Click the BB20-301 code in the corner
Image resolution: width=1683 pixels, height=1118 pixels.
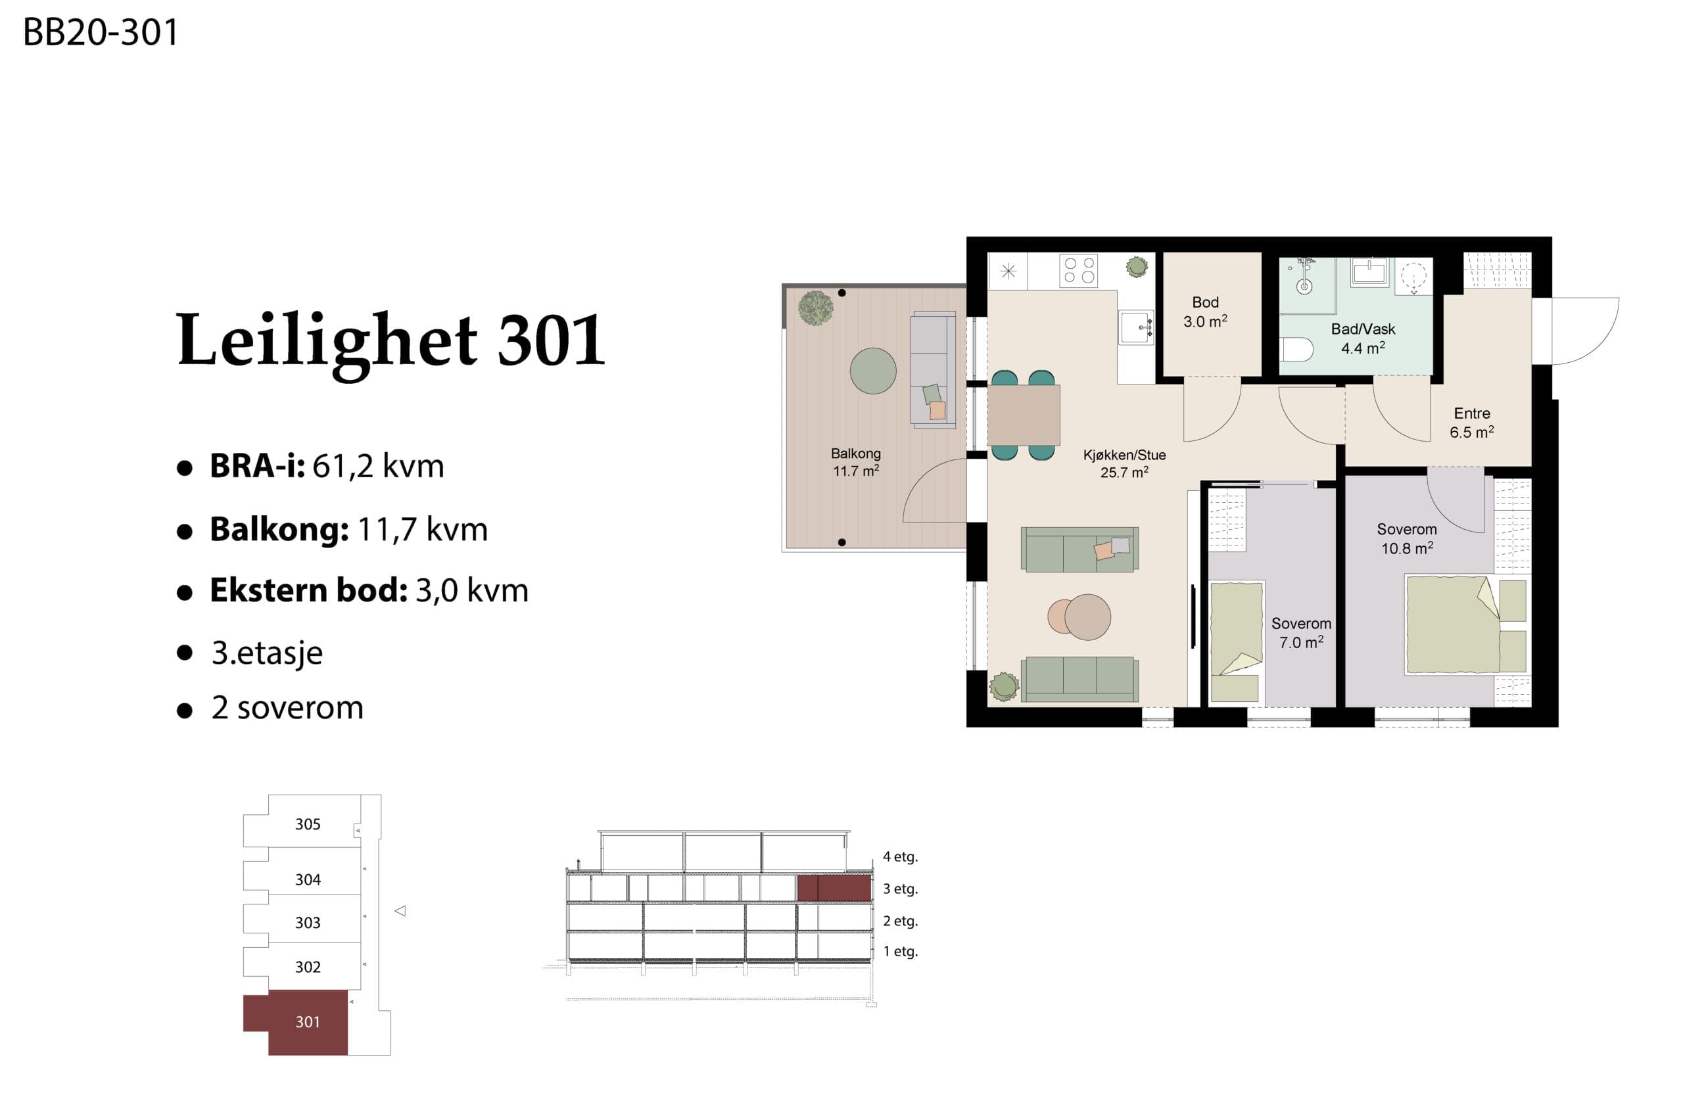(x=101, y=32)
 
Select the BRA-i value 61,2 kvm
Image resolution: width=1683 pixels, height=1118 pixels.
(x=378, y=466)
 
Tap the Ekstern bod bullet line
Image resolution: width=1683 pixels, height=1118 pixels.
(x=353, y=590)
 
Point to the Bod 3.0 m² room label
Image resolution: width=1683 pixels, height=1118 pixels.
(x=1205, y=312)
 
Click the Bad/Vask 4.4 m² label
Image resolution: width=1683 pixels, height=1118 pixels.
(x=1363, y=338)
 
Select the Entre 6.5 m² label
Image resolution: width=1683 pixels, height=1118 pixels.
(x=1471, y=423)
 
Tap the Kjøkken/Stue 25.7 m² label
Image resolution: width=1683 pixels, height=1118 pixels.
(x=1124, y=463)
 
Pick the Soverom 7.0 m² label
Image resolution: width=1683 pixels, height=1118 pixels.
(x=1301, y=632)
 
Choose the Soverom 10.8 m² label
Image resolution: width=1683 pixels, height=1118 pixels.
(x=1406, y=538)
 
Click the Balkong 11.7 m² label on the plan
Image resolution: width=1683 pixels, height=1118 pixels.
(x=855, y=462)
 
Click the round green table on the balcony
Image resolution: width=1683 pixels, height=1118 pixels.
(x=873, y=371)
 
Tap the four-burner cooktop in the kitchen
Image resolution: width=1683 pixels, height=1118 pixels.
(x=1078, y=271)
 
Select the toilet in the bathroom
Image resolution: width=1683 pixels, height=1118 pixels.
(x=1296, y=350)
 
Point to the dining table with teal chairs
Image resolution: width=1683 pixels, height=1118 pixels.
(x=1024, y=415)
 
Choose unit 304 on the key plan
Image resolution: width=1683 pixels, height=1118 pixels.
(x=308, y=879)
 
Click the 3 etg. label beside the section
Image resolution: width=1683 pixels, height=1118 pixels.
(x=900, y=889)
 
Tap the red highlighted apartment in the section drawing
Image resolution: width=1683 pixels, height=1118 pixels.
(x=834, y=889)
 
